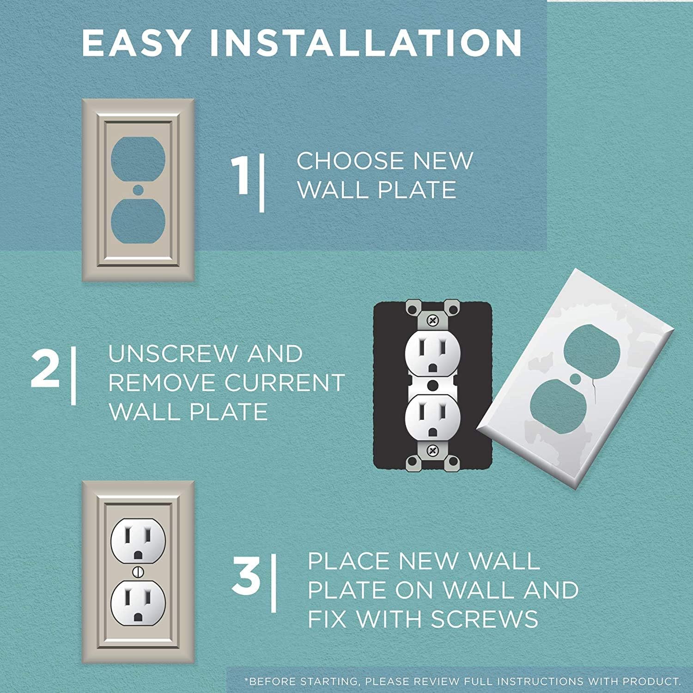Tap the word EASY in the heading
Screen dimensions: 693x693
(x=135, y=43)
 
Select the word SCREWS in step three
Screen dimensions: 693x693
(x=485, y=619)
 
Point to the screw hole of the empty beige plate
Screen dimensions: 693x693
(x=138, y=189)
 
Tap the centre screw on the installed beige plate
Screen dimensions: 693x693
(x=138, y=572)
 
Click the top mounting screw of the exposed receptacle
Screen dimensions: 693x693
(x=432, y=320)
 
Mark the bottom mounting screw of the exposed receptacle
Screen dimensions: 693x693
(x=432, y=450)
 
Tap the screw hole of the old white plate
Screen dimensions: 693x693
(x=576, y=379)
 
